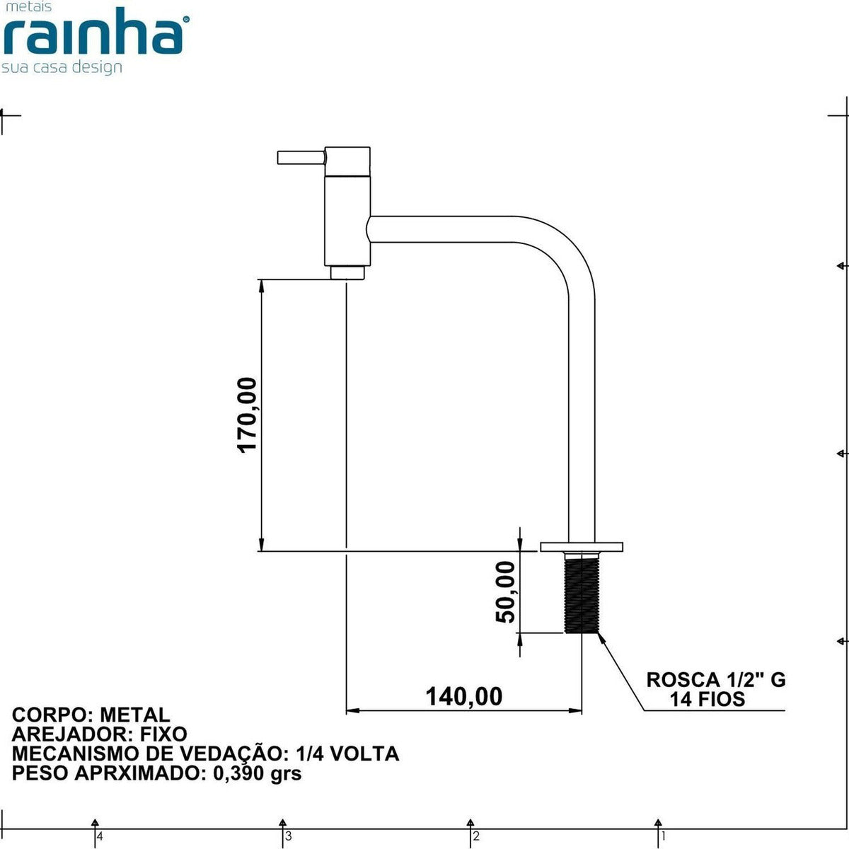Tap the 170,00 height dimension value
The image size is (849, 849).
(248, 415)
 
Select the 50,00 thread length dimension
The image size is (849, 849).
(505, 591)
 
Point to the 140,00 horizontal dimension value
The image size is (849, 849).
(463, 696)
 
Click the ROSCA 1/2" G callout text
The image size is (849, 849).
(715, 680)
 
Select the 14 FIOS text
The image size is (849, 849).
(707, 700)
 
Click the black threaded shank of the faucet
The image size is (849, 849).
(582, 593)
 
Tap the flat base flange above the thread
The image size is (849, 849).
(582, 546)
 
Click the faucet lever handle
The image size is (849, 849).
(301, 157)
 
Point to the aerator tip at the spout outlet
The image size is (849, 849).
(347, 272)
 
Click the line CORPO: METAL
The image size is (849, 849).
(91, 715)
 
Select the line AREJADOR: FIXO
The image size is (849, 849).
(100, 734)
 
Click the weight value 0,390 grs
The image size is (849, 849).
(257, 773)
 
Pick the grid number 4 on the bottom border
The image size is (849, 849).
(100, 836)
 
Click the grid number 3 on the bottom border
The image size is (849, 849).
(288, 836)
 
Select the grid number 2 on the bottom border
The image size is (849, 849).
(476, 836)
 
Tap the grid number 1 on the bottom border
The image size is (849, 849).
(663, 836)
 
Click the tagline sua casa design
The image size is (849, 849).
(62, 67)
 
